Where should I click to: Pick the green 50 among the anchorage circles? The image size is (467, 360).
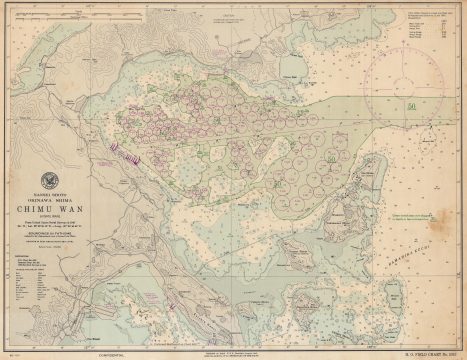pos(331,158)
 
